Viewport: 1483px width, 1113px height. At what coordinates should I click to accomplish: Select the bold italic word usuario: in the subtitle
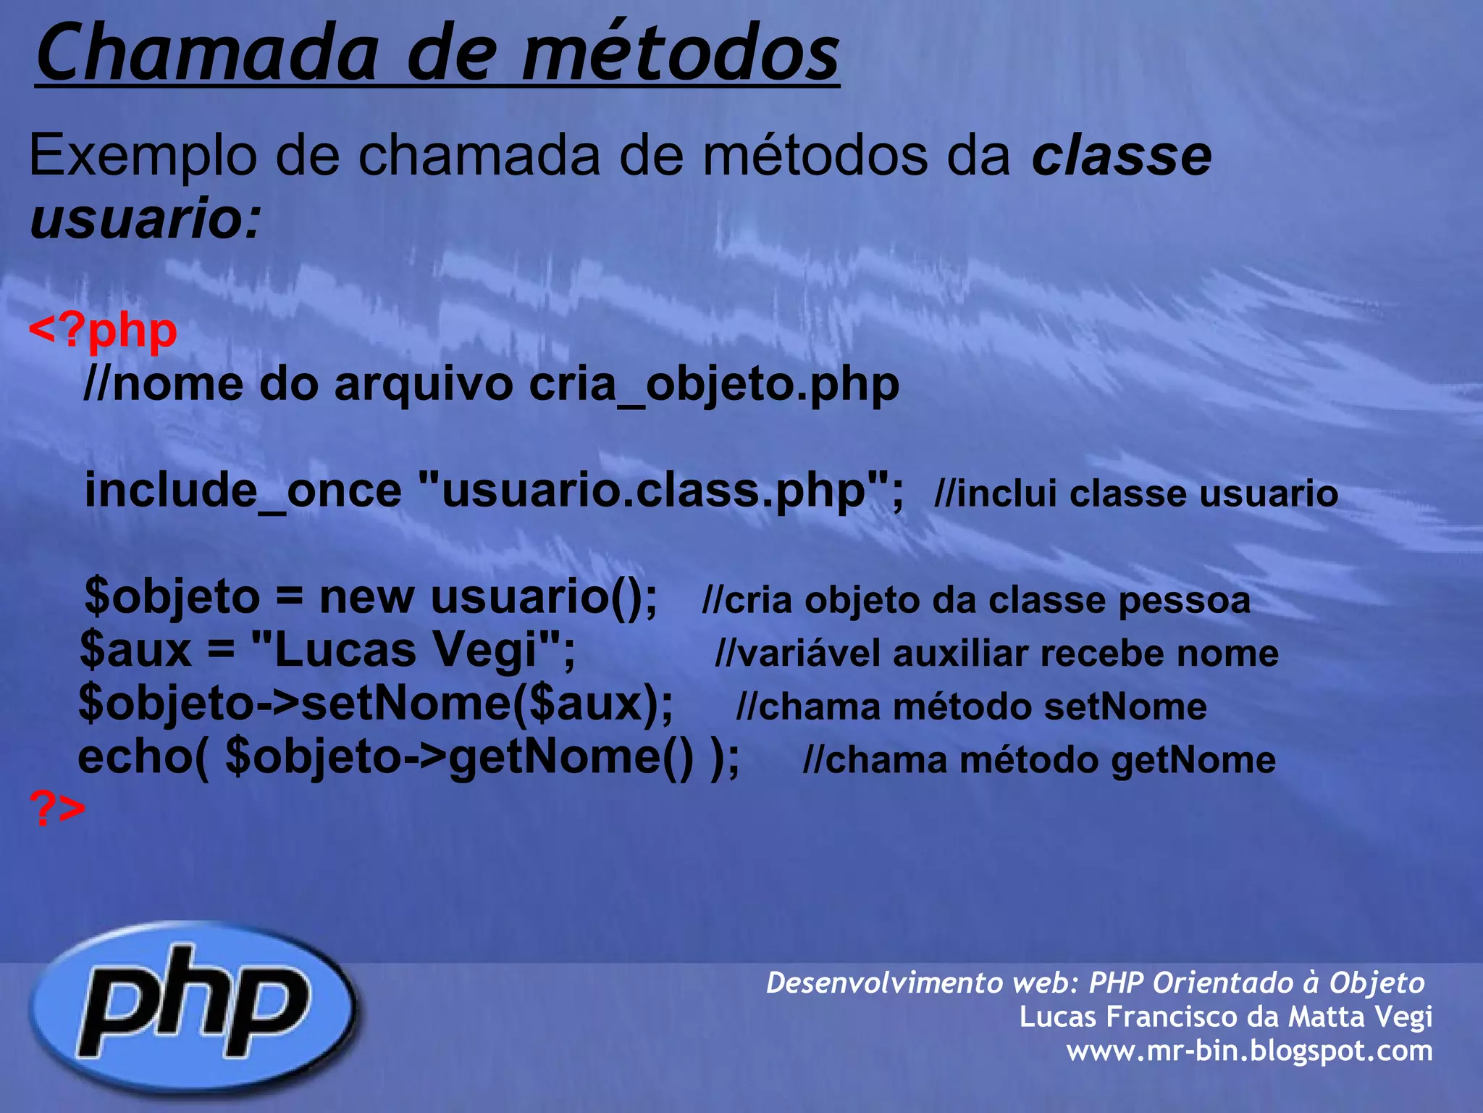pyautogui.click(x=145, y=218)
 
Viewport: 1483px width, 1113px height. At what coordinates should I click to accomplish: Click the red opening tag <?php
pyautogui.click(x=103, y=331)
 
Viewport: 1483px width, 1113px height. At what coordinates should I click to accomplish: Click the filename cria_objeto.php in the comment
pyautogui.click(x=713, y=385)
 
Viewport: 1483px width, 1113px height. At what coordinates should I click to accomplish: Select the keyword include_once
pyautogui.click(x=243, y=491)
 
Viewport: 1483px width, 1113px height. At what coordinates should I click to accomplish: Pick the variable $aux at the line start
pyautogui.click(x=135, y=650)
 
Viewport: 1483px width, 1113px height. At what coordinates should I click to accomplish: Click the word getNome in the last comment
pyautogui.click(x=1193, y=761)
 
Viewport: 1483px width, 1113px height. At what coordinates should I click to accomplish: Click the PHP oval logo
pyautogui.click(x=193, y=1007)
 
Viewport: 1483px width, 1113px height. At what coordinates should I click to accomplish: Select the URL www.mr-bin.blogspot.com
pyautogui.click(x=1248, y=1051)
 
